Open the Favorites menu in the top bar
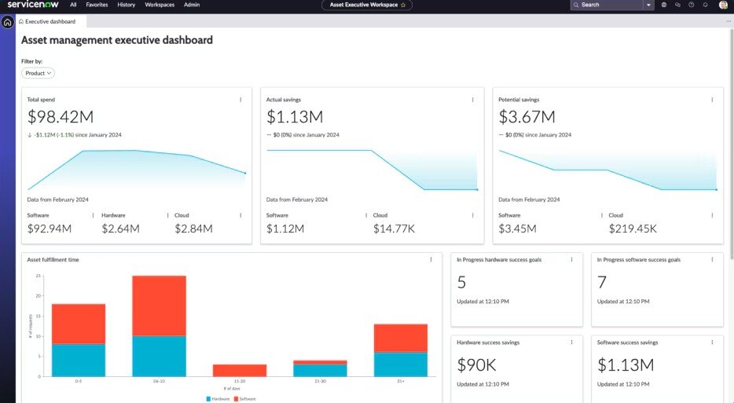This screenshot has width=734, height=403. [x=97, y=5]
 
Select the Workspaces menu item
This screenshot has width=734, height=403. [x=160, y=5]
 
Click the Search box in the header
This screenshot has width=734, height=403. [x=609, y=5]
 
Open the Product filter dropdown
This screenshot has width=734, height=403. [x=38, y=73]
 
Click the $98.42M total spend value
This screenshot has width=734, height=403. [x=61, y=117]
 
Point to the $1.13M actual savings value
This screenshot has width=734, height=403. [x=295, y=117]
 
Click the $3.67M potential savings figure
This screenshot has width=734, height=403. [x=527, y=117]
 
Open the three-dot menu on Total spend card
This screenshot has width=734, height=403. [x=240, y=100]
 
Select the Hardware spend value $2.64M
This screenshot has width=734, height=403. [x=120, y=229]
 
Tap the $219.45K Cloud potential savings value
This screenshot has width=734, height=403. [x=633, y=229]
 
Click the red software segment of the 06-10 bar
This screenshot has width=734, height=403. [x=159, y=305]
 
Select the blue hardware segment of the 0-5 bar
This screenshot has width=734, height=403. [x=79, y=360]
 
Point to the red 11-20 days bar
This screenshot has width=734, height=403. [x=240, y=370]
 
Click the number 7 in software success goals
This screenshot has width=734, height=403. [x=602, y=282]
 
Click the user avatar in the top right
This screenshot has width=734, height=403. [x=723, y=5]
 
